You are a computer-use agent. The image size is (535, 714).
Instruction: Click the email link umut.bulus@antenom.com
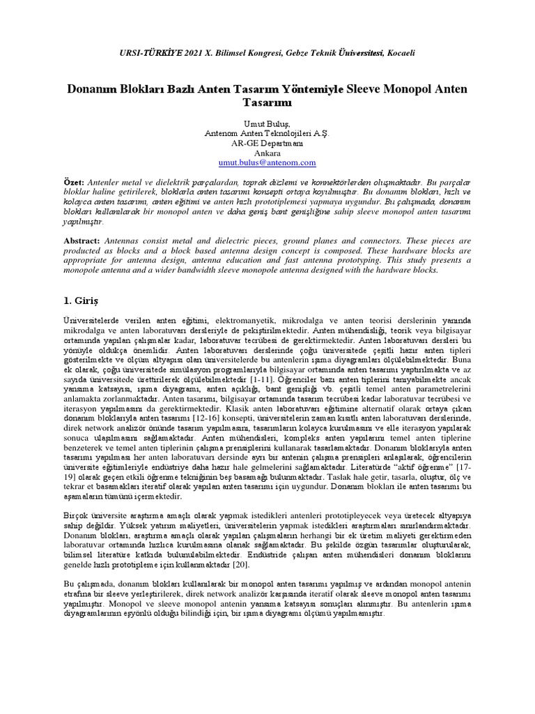click(x=267, y=162)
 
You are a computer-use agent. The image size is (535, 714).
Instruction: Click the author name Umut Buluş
click(x=267, y=123)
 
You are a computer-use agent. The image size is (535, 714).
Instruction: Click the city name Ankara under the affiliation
click(x=267, y=153)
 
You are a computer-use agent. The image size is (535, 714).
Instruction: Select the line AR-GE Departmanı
click(x=267, y=142)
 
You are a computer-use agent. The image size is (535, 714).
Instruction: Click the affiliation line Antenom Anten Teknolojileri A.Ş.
click(x=267, y=132)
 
